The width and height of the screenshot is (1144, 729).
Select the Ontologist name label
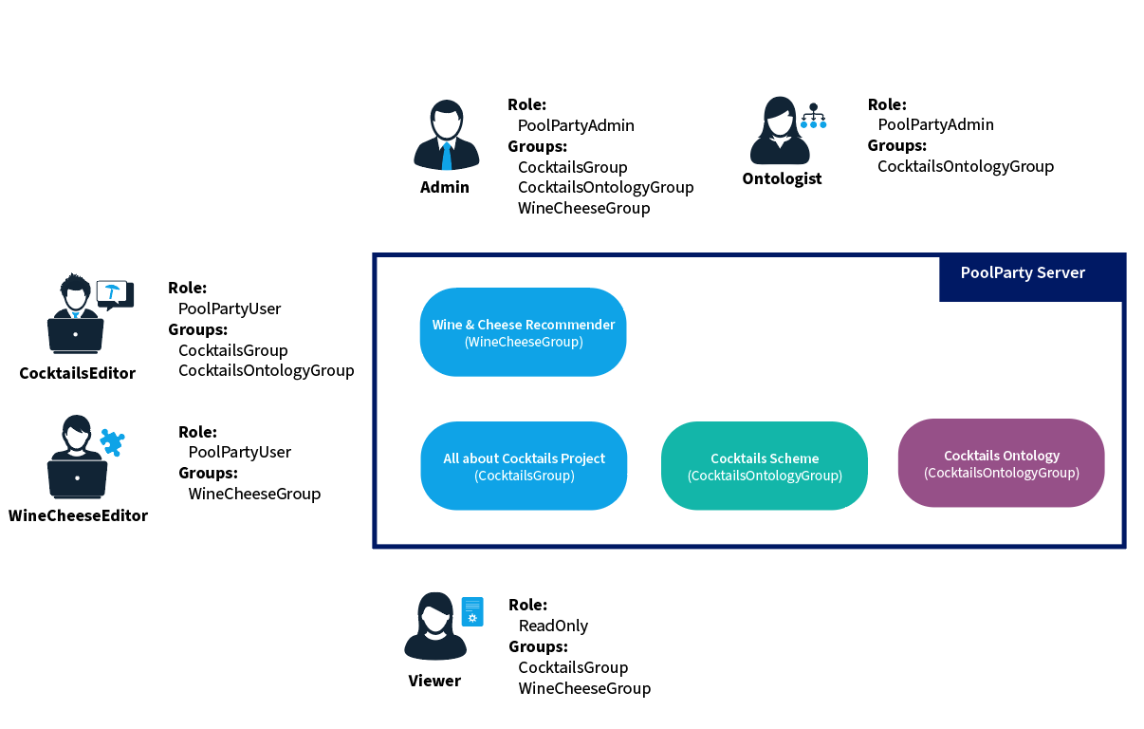tap(782, 178)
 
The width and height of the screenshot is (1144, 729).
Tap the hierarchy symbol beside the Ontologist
tap(813, 117)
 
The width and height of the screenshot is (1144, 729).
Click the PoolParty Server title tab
tap(1023, 273)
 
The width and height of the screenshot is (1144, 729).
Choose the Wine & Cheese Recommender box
tap(524, 332)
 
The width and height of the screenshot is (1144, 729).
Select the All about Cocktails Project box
tap(524, 466)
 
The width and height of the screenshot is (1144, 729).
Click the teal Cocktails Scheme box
tap(765, 466)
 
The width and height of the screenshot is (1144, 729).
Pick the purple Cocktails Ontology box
tap(1001, 463)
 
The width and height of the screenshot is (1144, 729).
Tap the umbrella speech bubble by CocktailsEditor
tap(115, 293)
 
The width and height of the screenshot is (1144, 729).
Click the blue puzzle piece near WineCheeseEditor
tap(112, 441)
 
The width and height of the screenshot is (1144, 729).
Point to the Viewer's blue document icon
tap(472, 612)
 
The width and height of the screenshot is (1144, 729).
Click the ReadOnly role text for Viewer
tap(553, 626)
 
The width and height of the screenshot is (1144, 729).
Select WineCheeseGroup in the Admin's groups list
tap(583, 208)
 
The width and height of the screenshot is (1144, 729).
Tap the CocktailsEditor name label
tap(77, 373)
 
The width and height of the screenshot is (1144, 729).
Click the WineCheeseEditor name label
tap(78, 515)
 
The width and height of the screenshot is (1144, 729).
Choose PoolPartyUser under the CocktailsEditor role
tap(230, 308)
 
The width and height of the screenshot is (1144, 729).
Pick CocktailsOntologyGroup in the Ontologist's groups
tap(966, 166)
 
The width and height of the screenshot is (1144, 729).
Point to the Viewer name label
tap(434, 681)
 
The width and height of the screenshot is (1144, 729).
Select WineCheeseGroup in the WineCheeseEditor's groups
tap(254, 494)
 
